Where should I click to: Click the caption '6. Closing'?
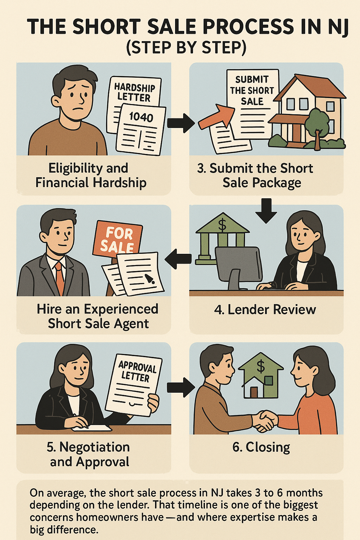tap(261, 447)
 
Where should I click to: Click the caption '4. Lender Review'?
tap(265, 309)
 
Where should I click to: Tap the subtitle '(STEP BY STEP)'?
tap(186, 47)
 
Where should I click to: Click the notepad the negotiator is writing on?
tap(92, 428)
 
